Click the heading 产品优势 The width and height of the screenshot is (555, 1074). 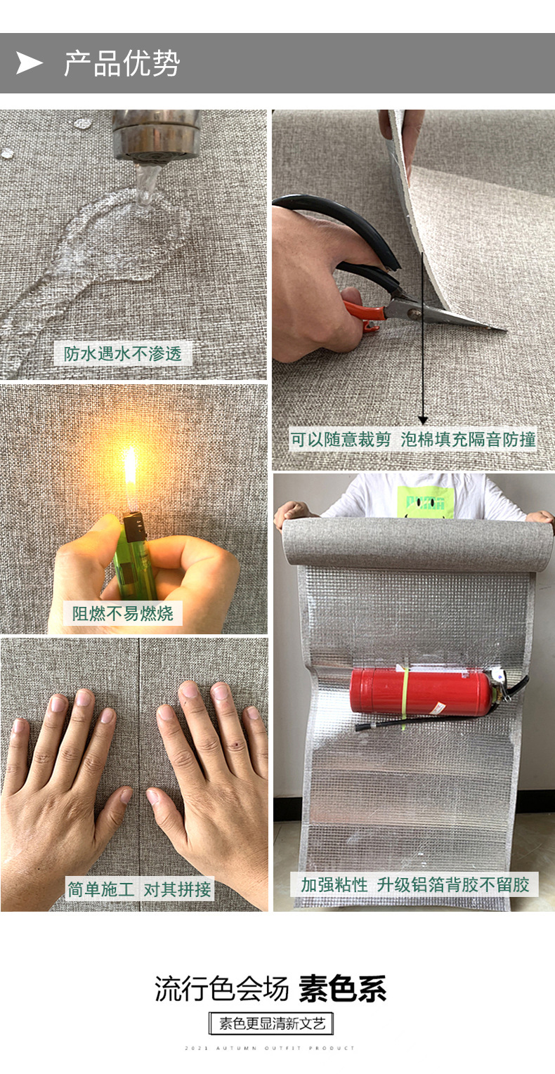122,63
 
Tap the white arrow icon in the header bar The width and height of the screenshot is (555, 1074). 30,63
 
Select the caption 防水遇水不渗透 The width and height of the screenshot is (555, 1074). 123,353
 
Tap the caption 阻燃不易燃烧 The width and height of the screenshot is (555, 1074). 122,613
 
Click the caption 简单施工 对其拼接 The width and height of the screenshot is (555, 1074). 139,889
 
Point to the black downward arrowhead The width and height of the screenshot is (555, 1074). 422,419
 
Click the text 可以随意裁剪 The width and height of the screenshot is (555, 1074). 341,440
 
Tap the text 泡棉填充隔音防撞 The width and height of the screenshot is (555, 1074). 468,440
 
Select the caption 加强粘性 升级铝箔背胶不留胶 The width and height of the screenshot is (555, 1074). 414,884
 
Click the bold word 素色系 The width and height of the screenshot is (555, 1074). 343,989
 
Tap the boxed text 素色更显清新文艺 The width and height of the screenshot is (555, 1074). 272,1023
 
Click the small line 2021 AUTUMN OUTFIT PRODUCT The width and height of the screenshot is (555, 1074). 270,1048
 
